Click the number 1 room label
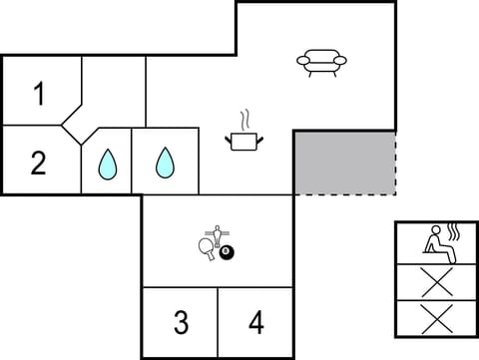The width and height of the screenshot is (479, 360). [x=39, y=95]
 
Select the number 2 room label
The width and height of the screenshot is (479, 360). [x=39, y=162]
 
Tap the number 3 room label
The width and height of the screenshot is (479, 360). [x=181, y=322]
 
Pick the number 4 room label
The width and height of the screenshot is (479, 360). [x=256, y=322]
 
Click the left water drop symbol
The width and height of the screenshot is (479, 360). [x=107, y=165]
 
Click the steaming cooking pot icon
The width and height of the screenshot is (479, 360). [x=242, y=141]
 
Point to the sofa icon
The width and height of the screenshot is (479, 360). [x=321, y=62]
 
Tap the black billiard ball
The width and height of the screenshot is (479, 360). [x=227, y=255]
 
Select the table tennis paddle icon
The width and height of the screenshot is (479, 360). [x=208, y=248]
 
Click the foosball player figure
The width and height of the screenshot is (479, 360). [x=221, y=235]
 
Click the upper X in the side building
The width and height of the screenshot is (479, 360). [x=435, y=281]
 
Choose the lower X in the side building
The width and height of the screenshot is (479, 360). [x=435, y=318]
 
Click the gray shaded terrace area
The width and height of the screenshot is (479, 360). [x=343, y=163]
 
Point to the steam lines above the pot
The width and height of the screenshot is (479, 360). [x=242, y=119]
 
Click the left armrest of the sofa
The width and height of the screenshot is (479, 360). [x=302, y=61]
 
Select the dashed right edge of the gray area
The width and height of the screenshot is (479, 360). [x=395, y=163]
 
